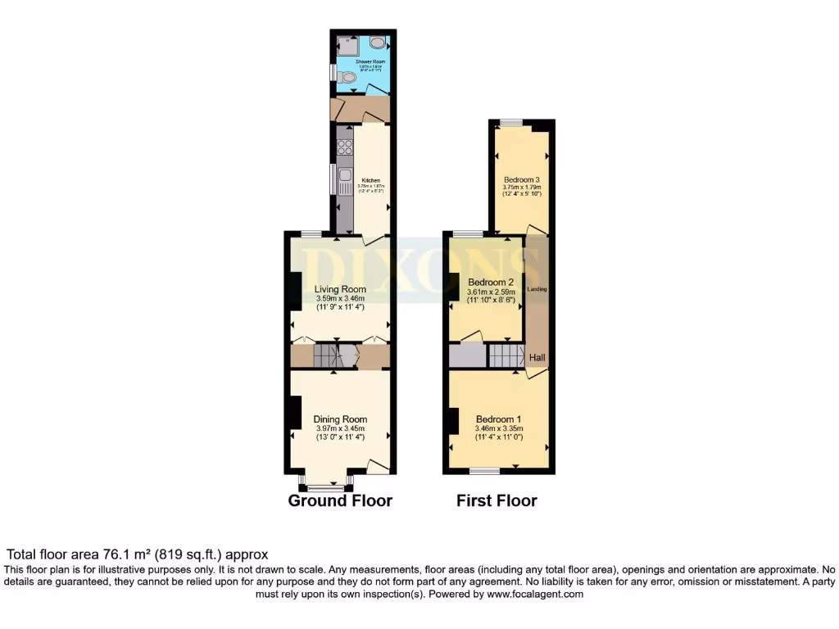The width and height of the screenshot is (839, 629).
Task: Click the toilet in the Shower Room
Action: (349, 77)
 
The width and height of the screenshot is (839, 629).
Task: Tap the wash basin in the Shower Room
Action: (379, 43)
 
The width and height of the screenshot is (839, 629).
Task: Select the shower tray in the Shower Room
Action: (344, 45)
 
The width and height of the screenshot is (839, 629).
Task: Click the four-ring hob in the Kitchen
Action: (344, 148)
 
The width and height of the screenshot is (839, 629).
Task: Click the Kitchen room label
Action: (371, 180)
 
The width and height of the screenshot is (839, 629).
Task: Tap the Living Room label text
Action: (340, 289)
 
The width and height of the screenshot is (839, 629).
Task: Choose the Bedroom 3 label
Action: (521, 179)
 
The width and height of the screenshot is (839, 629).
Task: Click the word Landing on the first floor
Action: (537, 289)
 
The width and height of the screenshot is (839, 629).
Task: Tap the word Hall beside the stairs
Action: (537, 358)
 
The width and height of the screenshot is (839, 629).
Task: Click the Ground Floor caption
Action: (340, 500)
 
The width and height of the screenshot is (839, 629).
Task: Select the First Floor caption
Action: (497, 500)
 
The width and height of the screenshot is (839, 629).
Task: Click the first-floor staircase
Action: (506, 356)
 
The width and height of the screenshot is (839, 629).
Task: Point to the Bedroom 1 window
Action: (485, 471)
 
